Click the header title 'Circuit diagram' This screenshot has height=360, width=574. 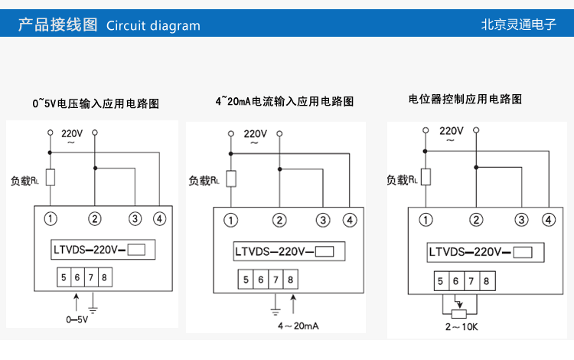coord(153,25)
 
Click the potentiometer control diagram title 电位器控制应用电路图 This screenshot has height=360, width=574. coord(465,99)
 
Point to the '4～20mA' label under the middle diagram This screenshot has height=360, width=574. coord(298,326)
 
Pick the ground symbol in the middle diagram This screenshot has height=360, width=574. coord(275,311)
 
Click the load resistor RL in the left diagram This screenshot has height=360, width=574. coord(51,178)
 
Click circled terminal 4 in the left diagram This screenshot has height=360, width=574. coord(159,219)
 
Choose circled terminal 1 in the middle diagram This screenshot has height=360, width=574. coord(230,221)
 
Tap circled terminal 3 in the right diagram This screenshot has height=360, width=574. coord(521,220)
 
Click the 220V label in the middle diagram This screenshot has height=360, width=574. coord(256,133)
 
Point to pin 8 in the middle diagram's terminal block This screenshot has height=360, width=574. coord(290,280)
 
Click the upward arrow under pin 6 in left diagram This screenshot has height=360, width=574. coord(76,298)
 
